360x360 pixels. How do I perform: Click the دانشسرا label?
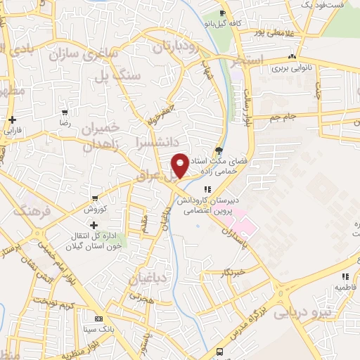coord(151,141)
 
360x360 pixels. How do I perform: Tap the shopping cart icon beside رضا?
coord(65,112)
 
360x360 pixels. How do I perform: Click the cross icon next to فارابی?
coord(13,120)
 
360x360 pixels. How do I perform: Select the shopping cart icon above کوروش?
coord(94,199)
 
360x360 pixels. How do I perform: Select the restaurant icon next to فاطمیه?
coord(345,277)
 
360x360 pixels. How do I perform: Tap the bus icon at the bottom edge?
coord(221,351)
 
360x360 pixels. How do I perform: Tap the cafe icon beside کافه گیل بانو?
coord(222,13)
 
